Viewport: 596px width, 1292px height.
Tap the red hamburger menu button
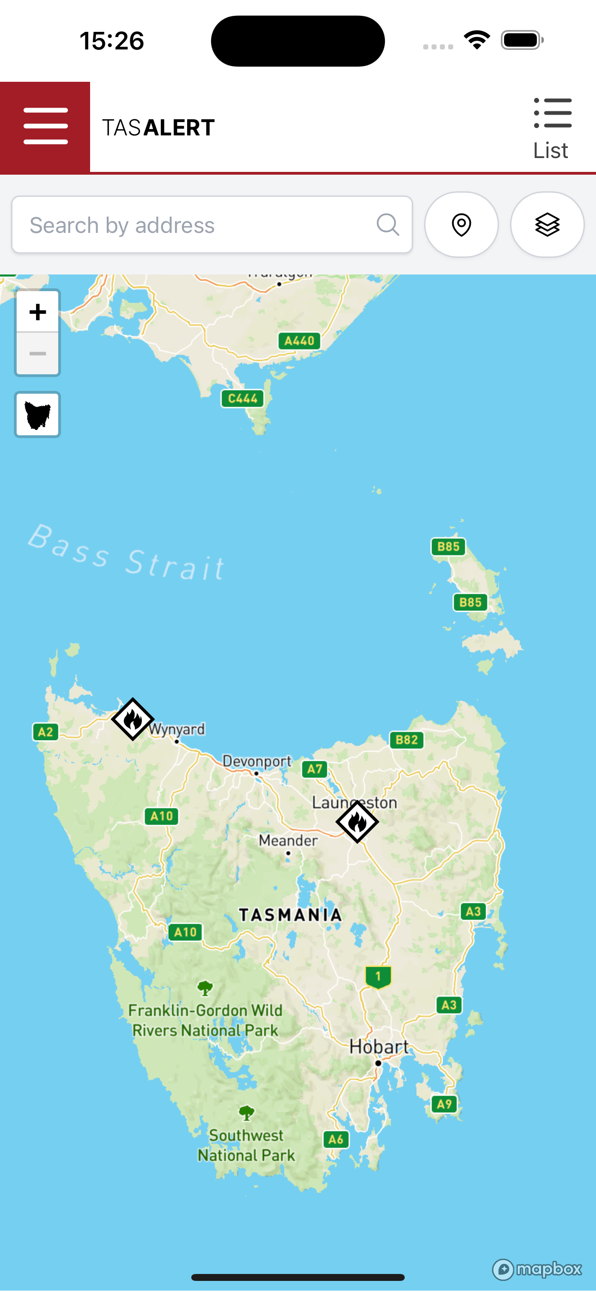point(45,127)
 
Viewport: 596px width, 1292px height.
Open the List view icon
point(552,128)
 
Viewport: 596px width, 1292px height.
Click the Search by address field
point(195,225)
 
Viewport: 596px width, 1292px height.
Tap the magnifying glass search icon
point(388,225)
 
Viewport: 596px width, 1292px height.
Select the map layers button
point(547,225)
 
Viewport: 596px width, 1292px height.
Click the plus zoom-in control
point(37,312)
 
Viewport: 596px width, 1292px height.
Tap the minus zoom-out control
point(37,354)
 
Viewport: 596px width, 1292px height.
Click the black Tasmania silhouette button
point(37,415)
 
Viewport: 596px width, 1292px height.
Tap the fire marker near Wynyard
point(133,719)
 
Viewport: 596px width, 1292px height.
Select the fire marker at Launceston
point(357,822)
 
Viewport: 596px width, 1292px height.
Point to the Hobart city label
point(379,1047)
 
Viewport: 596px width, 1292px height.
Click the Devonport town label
point(257,762)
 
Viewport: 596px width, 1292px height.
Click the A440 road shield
point(299,341)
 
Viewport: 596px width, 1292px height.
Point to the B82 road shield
point(407,740)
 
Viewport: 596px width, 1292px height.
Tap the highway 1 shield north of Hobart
point(378,976)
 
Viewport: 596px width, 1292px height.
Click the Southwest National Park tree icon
point(246,1114)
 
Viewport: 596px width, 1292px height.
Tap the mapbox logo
point(537,1269)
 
